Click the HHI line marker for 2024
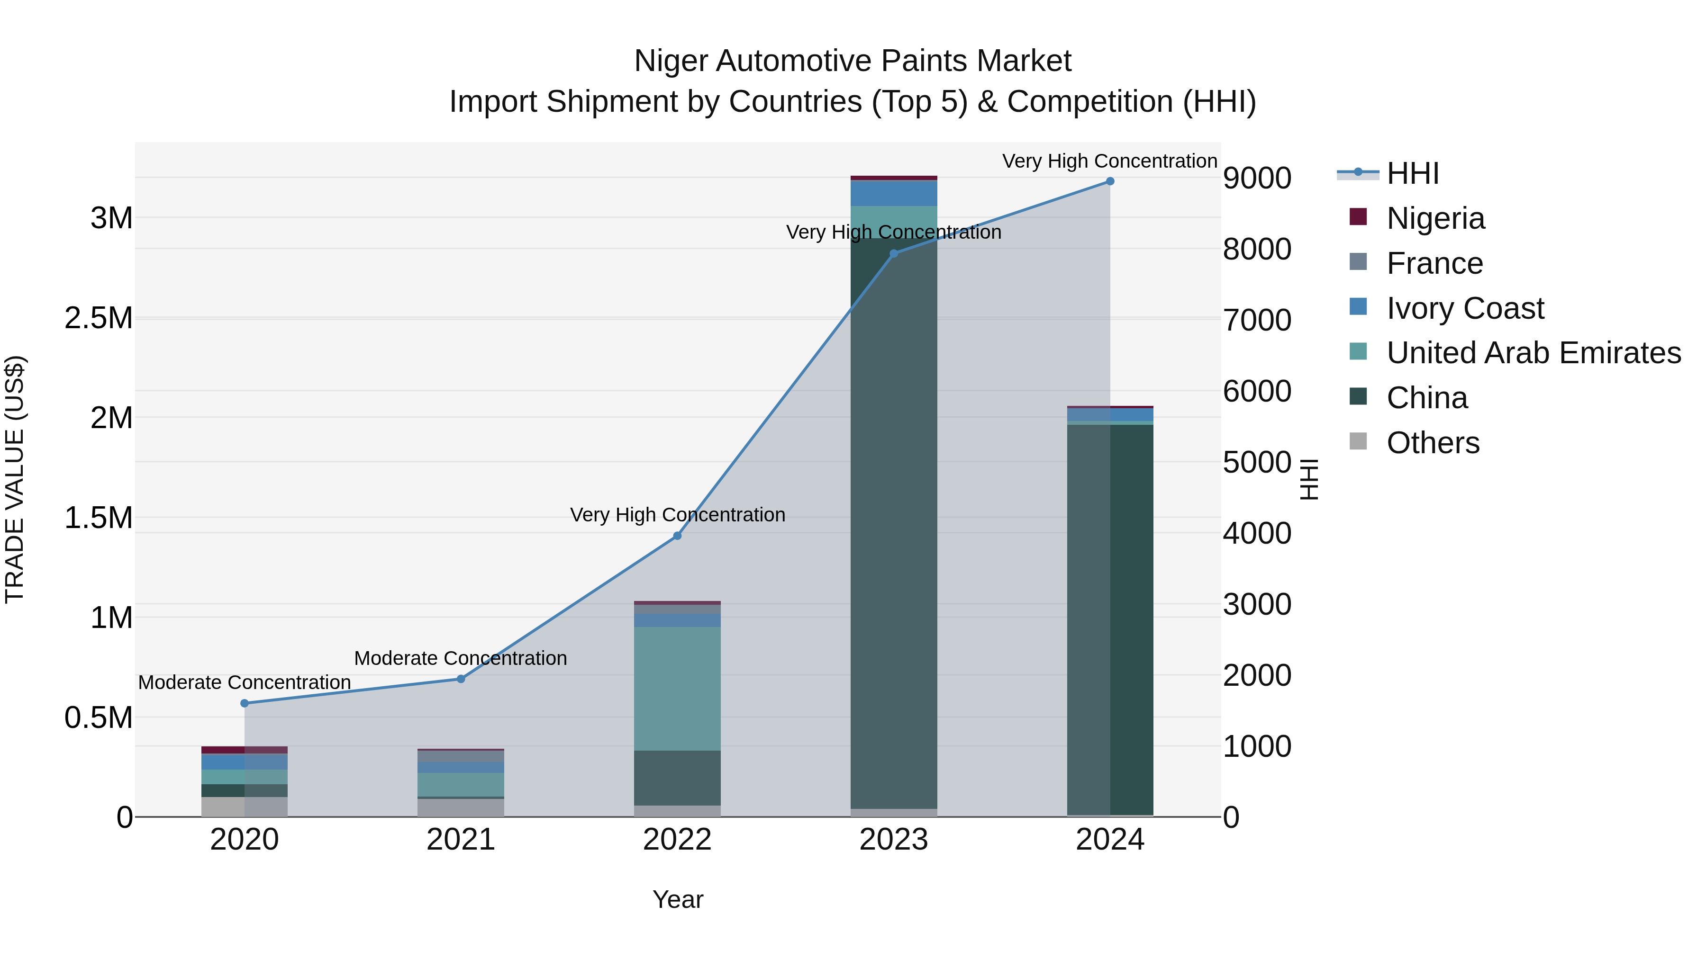(x=1110, y=181)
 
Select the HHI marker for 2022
(x=677, y=536)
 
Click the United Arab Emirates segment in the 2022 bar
(x=677, y=688)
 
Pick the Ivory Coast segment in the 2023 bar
(x=893, y=193)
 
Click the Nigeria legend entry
(x=1435, y=218)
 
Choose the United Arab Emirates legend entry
(x=1533, y=353)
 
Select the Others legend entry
(x=1433, y=443)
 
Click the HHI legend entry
(x=1412, y=173)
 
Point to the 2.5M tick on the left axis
(x=99, y=318)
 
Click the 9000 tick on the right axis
(x=1256, y=178)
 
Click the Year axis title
(x=678, y=899)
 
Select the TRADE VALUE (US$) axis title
(x=15, y=479)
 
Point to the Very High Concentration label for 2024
(x=1109, y=161)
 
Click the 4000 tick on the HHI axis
(x=1256, y=533)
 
